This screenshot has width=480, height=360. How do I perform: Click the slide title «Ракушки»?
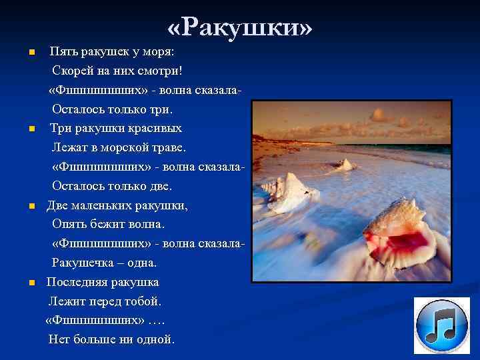[240, 27]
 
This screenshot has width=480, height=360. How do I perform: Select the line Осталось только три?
[112, 109]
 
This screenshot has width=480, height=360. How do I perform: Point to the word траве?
[168, 147]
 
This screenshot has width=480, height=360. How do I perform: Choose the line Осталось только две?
[112, 186]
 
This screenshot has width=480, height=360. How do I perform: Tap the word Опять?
[69, 225]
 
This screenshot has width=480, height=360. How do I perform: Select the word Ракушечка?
[85, 263]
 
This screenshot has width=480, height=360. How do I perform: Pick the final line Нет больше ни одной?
[112, 340]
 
